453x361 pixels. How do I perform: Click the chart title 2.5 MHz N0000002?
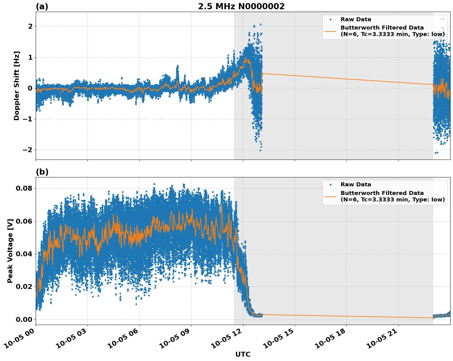click(241, 6)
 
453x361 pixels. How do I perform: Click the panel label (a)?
click(42, 6)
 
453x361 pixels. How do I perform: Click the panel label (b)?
click(42, 172)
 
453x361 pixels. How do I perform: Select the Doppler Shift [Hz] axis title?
click(17, 86)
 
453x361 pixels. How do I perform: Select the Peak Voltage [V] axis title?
click(10, 251)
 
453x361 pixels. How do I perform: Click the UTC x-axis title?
click(243, 354)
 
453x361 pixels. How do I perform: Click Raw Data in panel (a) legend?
click(356, 20)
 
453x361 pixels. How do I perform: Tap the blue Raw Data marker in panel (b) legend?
click(330, 185)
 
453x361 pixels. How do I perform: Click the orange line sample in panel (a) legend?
click(330, 31)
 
